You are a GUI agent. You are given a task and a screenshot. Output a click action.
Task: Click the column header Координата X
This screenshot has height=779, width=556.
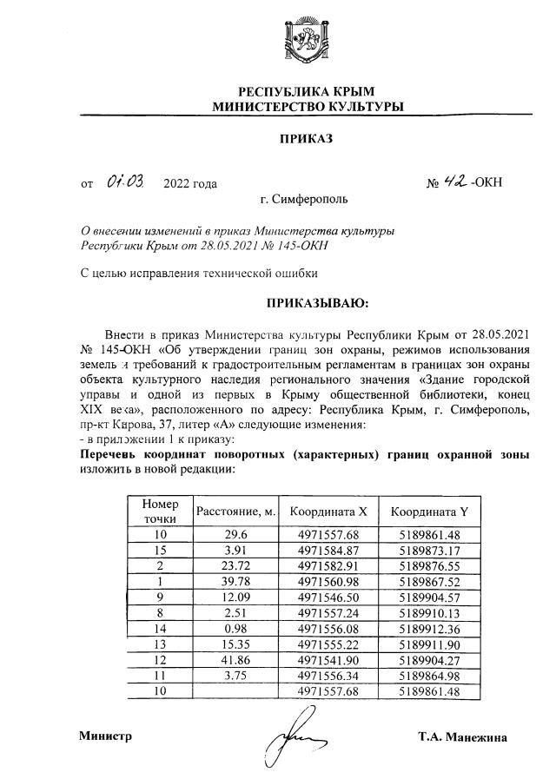coord(328,512)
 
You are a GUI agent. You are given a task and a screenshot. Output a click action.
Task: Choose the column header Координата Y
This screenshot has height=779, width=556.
coord(429,512)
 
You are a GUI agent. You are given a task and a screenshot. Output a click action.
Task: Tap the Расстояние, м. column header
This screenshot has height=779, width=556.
coord(236,512)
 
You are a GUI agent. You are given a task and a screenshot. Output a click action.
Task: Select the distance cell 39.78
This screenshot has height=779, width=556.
coord(236,580)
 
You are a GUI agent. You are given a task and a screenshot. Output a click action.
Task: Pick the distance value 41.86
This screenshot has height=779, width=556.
coord(236,660)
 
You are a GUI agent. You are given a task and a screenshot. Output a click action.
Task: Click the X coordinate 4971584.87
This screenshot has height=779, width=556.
coord(328,549)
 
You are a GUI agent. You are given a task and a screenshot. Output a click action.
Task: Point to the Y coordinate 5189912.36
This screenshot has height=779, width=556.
coord(429,629)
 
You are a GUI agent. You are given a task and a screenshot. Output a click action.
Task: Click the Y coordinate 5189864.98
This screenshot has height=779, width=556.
coord(429,676)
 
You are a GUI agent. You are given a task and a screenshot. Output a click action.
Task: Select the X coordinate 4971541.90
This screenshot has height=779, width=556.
coord(328,660)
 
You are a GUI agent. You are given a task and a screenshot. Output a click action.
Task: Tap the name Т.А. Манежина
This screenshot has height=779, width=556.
coord(461,738)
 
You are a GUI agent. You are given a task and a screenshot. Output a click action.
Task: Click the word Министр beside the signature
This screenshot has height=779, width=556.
coord(105,736)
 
